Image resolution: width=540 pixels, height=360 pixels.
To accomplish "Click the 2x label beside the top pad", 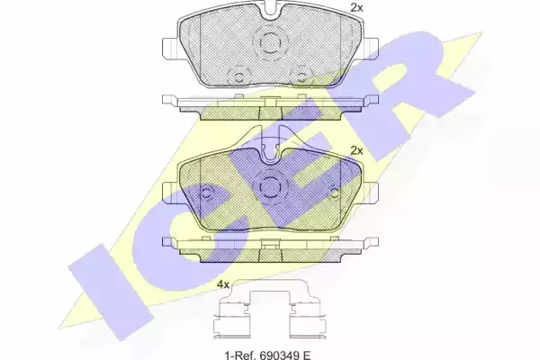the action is tap(356, 7).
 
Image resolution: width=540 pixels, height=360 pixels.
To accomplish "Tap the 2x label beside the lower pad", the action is tap(356, 150).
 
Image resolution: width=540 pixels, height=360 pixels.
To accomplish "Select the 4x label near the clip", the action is tap(223, 284).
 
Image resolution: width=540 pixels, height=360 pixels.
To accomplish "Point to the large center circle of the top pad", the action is tap(270, 43).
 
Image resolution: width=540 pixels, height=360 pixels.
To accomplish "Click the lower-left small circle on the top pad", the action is tap(238, 76).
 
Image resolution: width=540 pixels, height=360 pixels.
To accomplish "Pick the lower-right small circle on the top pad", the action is tap(301, 76).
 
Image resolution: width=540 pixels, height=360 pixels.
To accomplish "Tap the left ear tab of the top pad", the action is tap(170, 49).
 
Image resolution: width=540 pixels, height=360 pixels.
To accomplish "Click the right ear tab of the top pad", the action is tap(370, 49).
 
